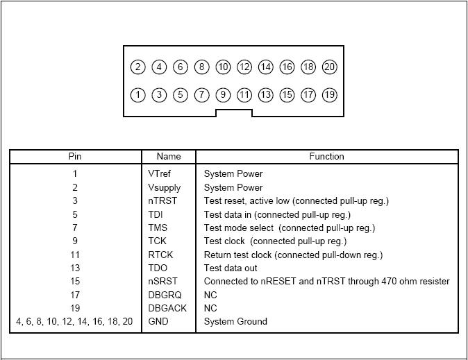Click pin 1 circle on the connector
point(138,94)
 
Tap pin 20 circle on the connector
point(330,67)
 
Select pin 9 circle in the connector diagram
point(223,94)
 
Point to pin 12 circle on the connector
point(244,67)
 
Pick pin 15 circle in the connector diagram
point(287,94)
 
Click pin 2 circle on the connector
point(138,67)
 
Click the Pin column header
point(75,157)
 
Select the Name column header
point(168,157)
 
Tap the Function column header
point(326,157)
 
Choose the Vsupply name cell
point(166,187)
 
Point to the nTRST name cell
point(162,201)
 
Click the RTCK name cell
point(160,255)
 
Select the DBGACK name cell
point(167,308)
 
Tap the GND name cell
point(158,322)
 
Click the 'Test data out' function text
point(231,268)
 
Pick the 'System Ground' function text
point(235,322)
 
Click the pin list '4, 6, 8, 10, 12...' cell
point(74,322)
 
